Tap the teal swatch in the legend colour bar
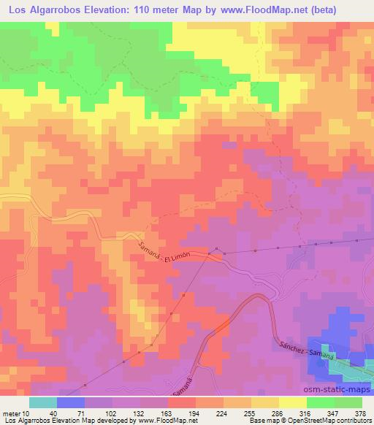[x=43, y=402]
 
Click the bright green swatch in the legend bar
[x=319, y=402]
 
